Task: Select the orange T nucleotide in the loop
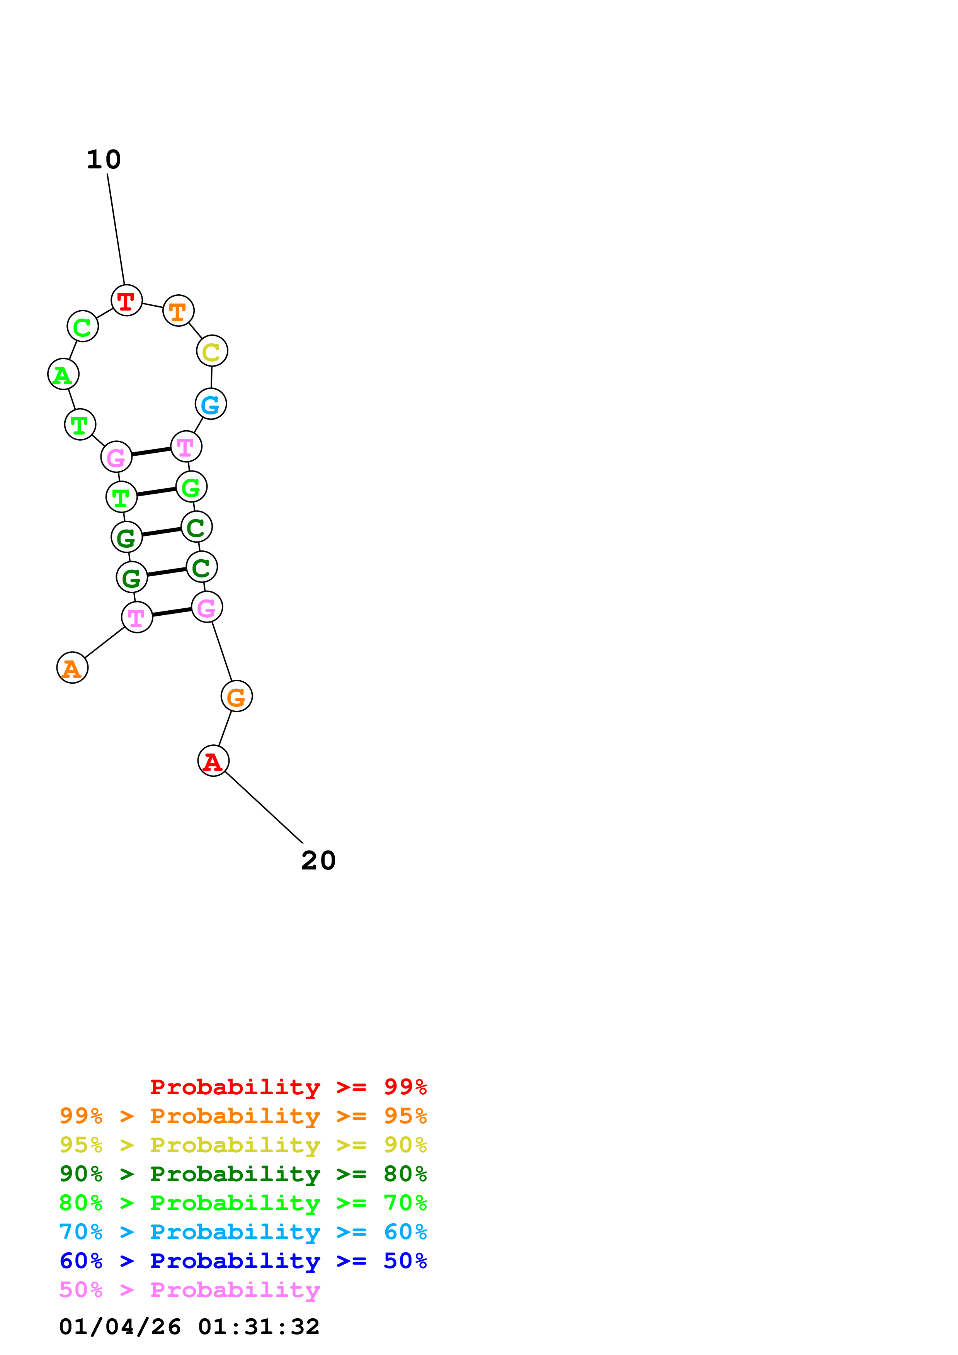[x=178, y=311]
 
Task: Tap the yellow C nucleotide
[x=212, y=351]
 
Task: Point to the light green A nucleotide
[x=63, y=374]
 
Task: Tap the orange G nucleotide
[x=237, y=696]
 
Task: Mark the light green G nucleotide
[x=191, y=487]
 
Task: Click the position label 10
[x=104, y=160]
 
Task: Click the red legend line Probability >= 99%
[x=289, y=1087]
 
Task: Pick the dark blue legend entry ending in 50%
[x=243, y=1261]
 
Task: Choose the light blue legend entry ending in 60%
[x=243, y=1232]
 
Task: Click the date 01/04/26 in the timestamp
[x=121, y=1327]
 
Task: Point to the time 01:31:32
[x=259, y=1327]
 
